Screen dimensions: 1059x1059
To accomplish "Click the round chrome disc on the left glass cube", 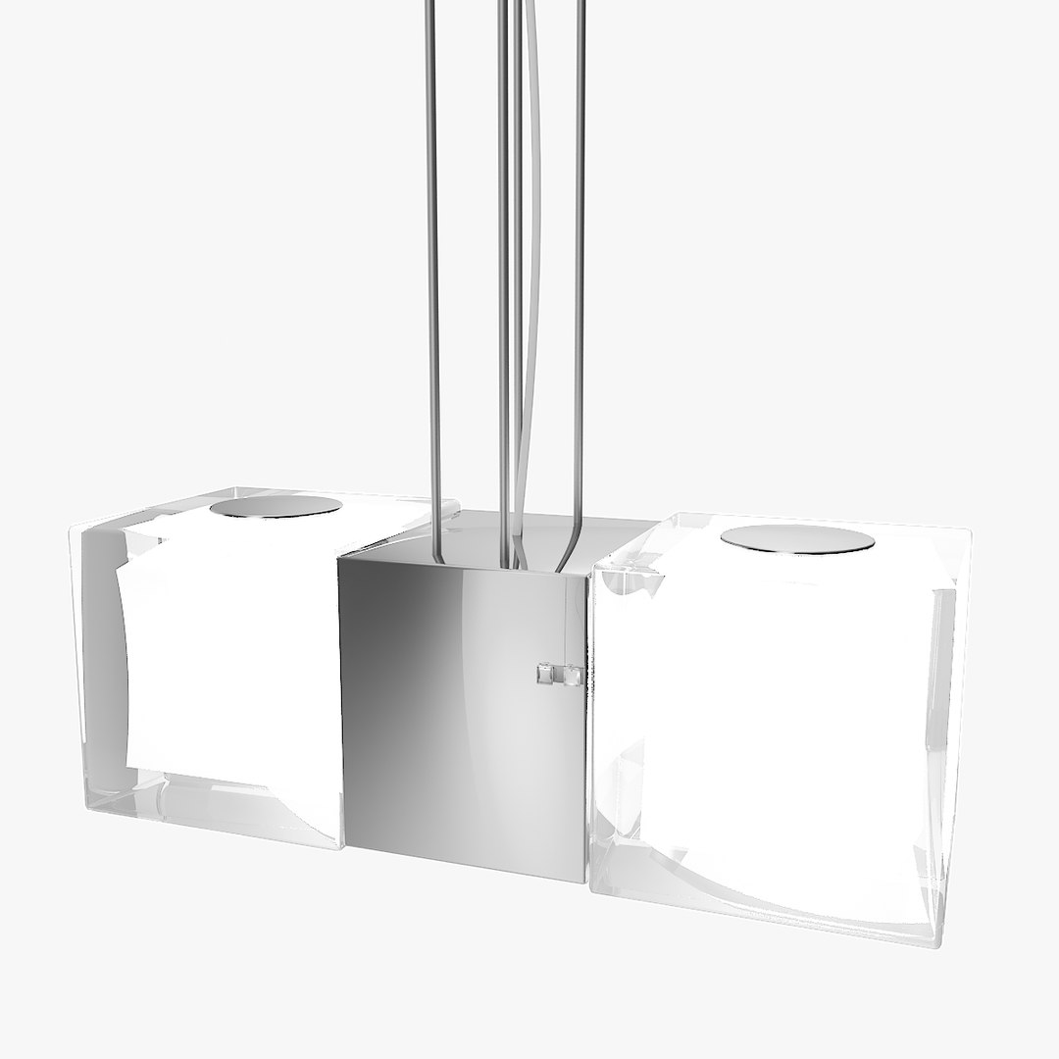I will [276, 507].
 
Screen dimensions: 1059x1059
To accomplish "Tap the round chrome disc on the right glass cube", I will [797, 539].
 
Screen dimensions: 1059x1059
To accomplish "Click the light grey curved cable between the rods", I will [532, 245].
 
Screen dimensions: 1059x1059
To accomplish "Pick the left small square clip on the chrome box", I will [545, 674].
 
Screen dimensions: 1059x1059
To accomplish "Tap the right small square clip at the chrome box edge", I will [573, 675].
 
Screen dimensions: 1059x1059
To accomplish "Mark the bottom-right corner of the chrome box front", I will [585, 882].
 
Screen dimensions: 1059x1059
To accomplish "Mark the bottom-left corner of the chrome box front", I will [342, 848].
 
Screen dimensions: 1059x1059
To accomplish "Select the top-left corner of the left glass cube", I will [71, 529].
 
